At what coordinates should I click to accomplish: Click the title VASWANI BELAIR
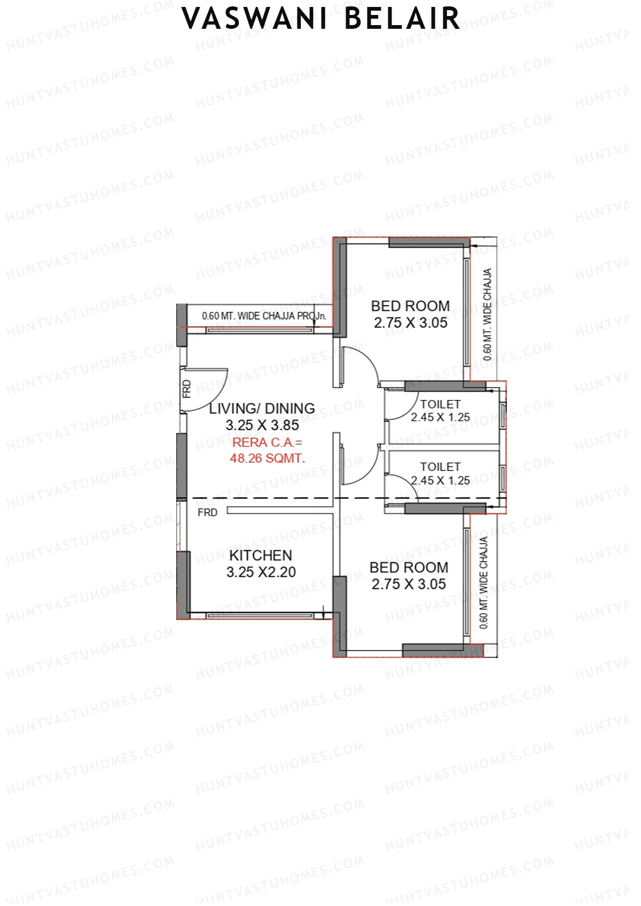tap(320, 19)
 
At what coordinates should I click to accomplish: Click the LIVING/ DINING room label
tap(262, 408)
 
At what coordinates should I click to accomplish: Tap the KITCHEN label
tap(261, 555)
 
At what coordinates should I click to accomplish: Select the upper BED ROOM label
tap(410, 306)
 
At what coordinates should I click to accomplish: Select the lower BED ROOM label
tap(409, 568)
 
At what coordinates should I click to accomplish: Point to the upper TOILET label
tap(440, 404)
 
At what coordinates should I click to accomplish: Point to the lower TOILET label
tap(440, 467)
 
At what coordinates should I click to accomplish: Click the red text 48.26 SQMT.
tap(268, 458)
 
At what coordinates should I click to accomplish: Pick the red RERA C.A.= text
tap(267, 443)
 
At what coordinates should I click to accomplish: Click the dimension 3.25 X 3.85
tap(262, 426)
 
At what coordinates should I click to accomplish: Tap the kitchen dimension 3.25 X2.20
tap(261, 572)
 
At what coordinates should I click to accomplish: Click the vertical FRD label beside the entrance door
tap(186, 389)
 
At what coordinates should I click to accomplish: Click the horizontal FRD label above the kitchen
tap(207, 513)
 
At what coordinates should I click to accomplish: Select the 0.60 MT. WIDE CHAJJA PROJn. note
tap(264, 316)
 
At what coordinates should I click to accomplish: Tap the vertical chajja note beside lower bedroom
tap(484, 582)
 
